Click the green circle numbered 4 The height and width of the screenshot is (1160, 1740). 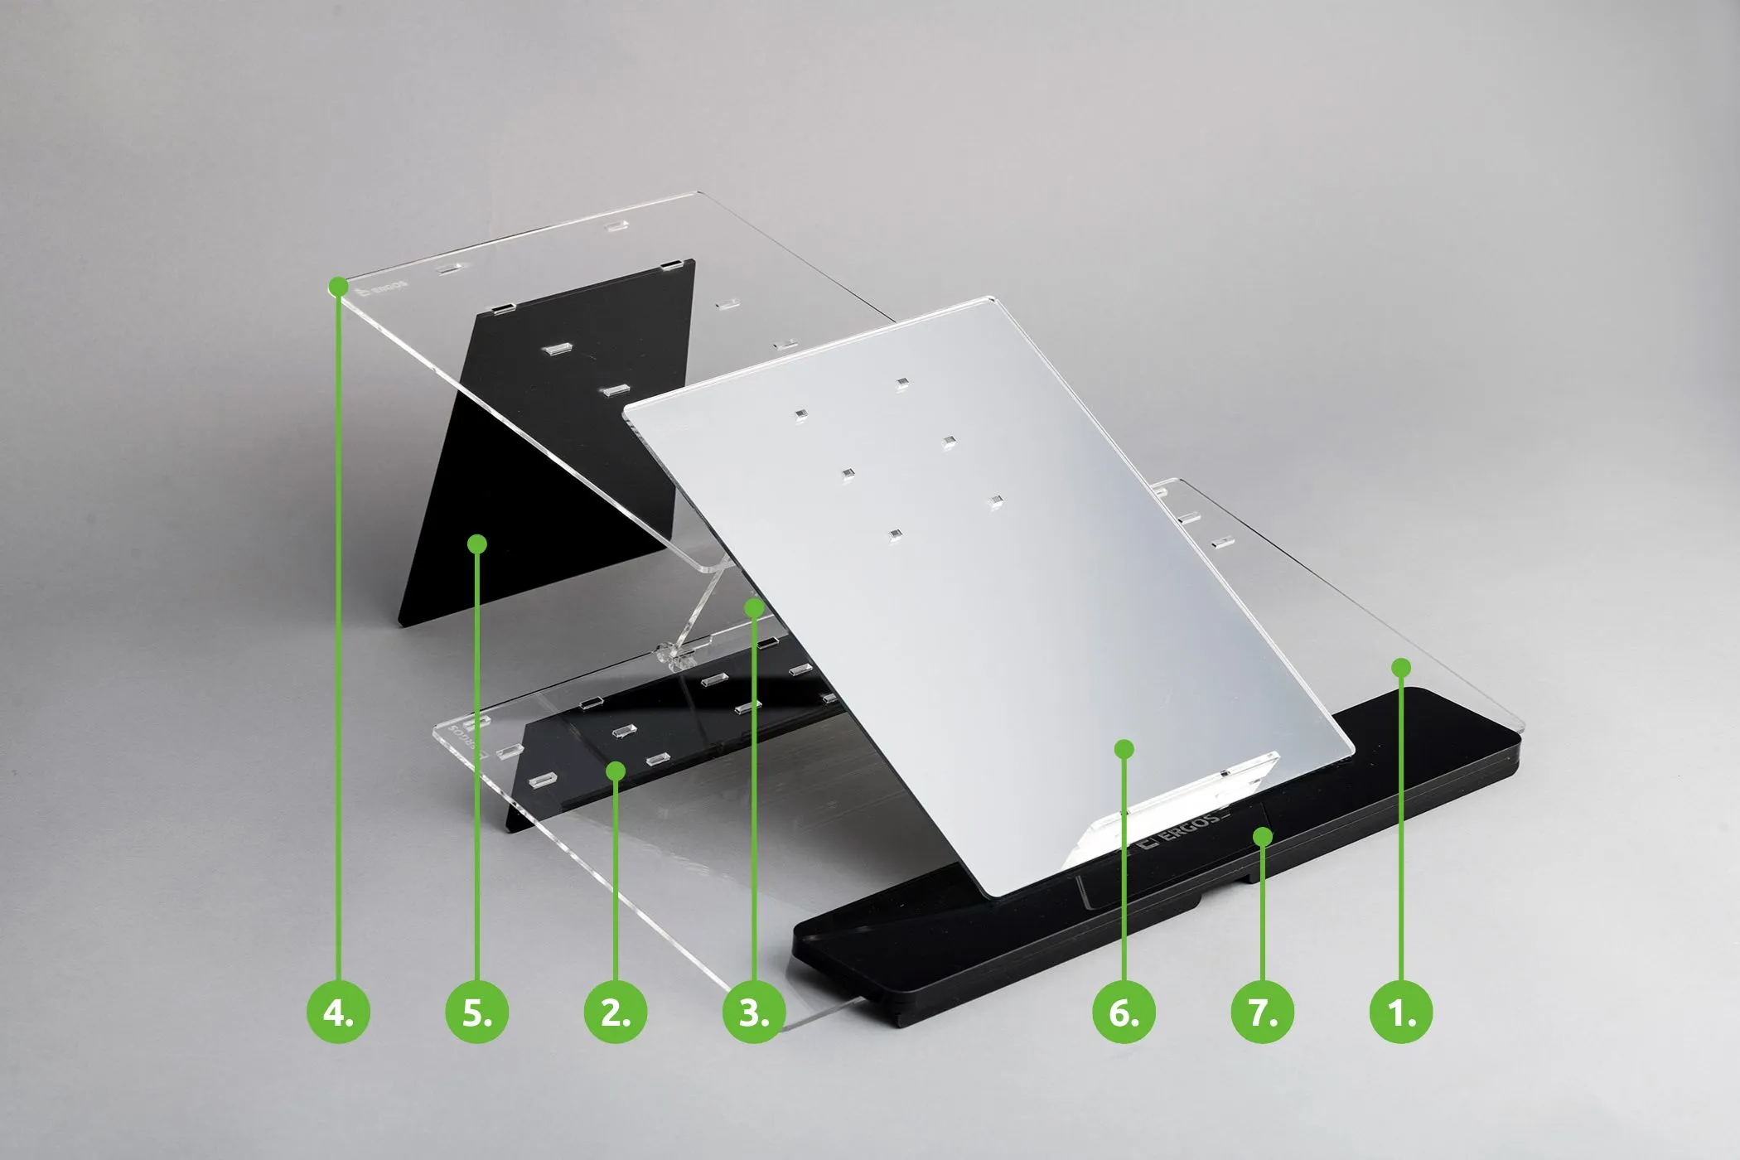point(338,1013)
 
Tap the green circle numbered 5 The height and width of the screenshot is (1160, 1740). point(476,1013)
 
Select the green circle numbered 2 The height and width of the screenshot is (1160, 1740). point(615,1013)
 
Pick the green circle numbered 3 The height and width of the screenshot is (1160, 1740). point(753,1013)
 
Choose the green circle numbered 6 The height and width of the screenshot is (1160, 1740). point(1124,1013)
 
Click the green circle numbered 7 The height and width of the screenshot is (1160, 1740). point(1262,1013)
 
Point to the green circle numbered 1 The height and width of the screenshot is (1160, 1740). point(1401,1013)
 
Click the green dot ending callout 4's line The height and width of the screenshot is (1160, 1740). point(338,287)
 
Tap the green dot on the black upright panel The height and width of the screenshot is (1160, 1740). point(476,544)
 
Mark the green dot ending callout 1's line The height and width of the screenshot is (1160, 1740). point(1401,667)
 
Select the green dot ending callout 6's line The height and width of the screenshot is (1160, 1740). point(1124,749)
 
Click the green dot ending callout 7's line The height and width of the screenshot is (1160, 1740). point(1262,837)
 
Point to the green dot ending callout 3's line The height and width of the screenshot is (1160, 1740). point(753,607)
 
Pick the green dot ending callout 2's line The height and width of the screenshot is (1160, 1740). point(615,771)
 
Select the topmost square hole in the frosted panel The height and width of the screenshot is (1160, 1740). point(901,383)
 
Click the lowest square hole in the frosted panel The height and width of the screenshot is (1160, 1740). point(893,535)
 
